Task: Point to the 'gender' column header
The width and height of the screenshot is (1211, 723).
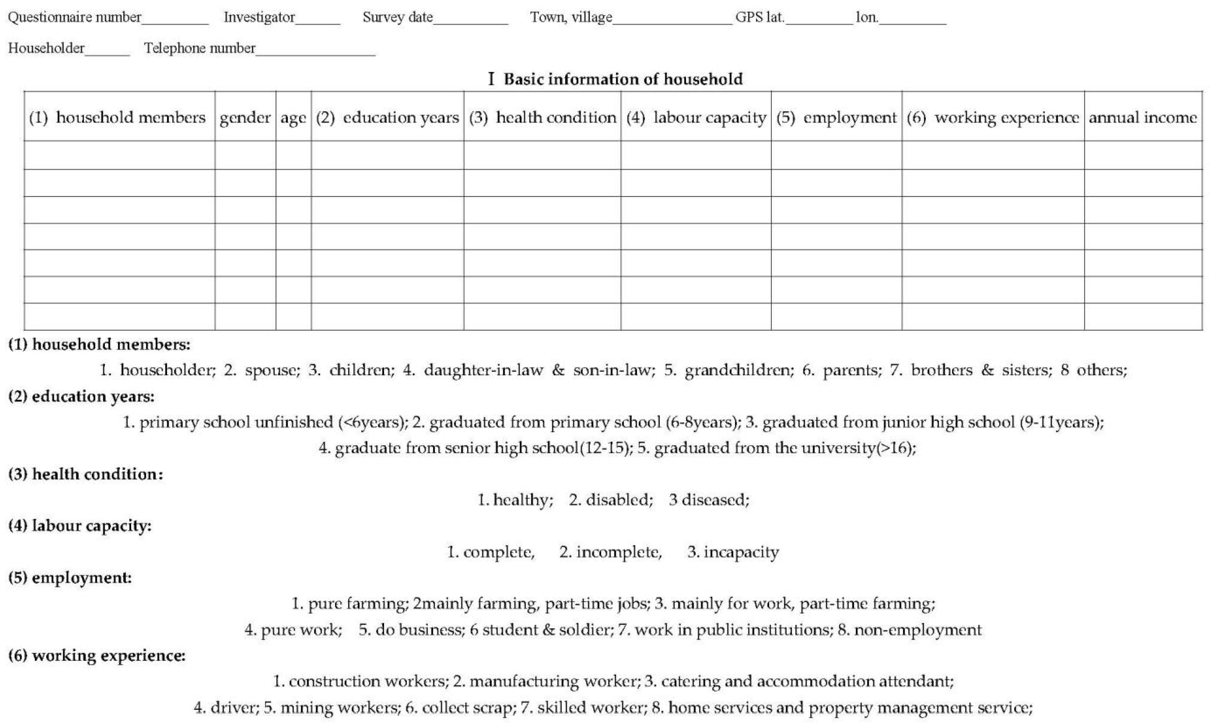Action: click(245, 117)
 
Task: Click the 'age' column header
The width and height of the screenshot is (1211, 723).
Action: click(293, 117)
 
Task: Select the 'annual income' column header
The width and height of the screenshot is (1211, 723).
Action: click(1143, 117)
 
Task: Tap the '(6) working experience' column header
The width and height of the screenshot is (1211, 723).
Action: click(993, 117)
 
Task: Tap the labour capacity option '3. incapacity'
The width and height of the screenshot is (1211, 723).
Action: click(733, 552)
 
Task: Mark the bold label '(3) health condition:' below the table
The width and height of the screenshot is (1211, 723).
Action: click(86, 474)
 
